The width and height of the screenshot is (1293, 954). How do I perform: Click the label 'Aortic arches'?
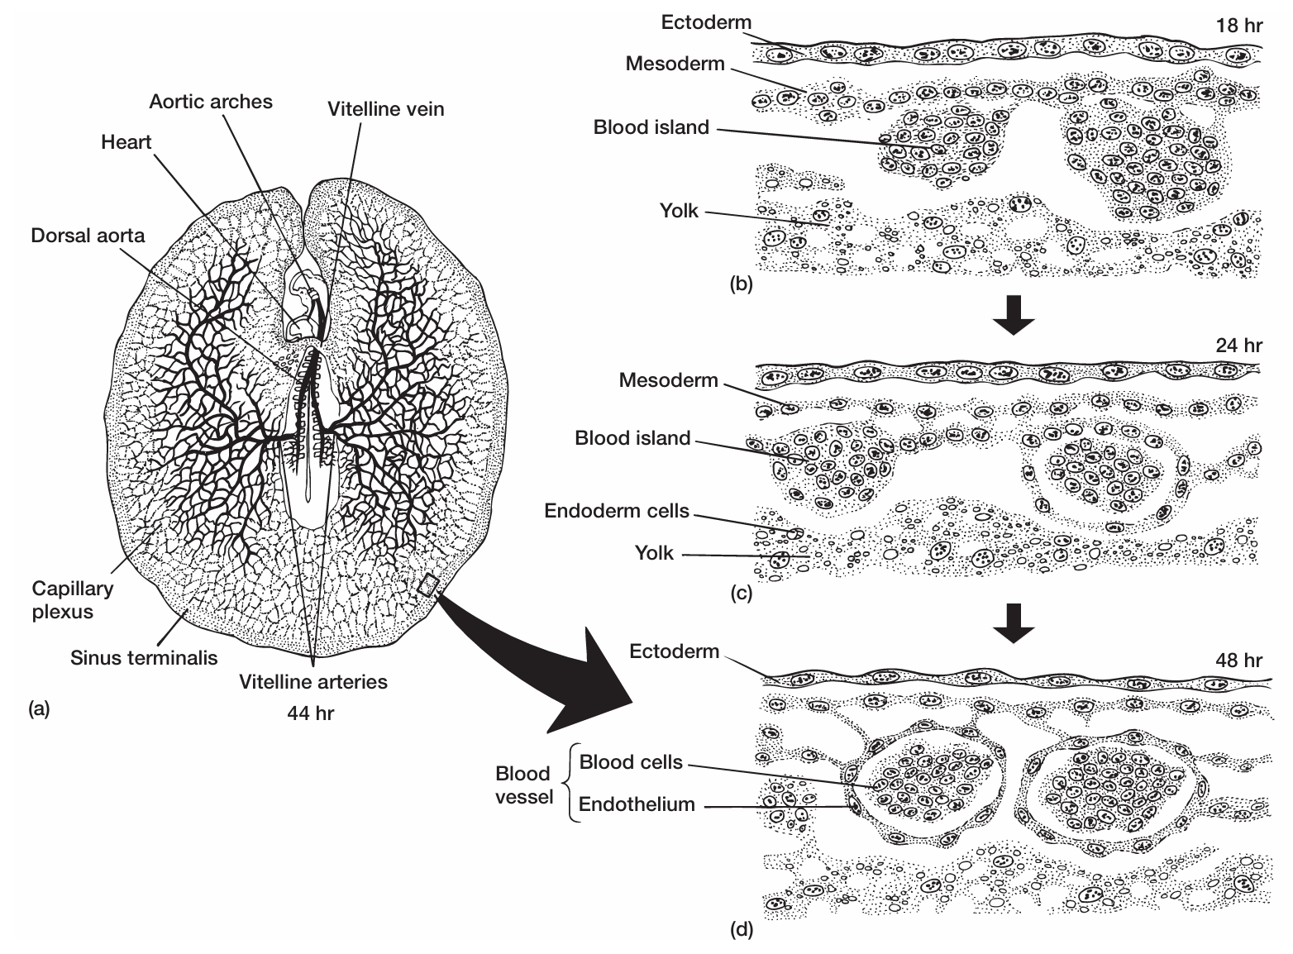coord(210,102)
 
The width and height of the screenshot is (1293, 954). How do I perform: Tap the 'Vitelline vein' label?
coord(385,109)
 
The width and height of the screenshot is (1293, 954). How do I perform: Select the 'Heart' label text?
coord(126,142)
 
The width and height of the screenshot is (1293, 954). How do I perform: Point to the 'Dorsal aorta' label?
coord(88,236)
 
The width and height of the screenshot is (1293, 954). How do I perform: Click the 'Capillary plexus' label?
coord(73,600)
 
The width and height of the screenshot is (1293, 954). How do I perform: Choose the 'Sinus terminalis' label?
coord(144,657)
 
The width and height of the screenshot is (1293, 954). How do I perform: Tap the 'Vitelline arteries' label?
coord(313,682)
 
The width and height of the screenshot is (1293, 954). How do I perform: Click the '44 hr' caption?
coord(311,712)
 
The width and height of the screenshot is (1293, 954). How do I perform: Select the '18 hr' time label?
coord(1239,25)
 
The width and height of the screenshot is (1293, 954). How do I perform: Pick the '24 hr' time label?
coord(1239,346)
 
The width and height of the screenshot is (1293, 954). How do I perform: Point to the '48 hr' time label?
coord(1238,661)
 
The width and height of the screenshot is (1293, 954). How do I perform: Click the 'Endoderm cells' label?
coord(616,511)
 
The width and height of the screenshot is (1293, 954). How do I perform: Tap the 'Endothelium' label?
coord(637,804)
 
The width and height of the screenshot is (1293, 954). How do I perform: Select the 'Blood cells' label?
coord(631,761)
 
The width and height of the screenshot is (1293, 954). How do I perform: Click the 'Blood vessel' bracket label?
coord(524,785)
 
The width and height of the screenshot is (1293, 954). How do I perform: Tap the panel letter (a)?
coord(39,709)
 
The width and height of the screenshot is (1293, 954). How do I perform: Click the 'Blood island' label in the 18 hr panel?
coord(651,127)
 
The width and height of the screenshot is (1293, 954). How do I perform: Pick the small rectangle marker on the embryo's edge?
coord(427,585)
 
